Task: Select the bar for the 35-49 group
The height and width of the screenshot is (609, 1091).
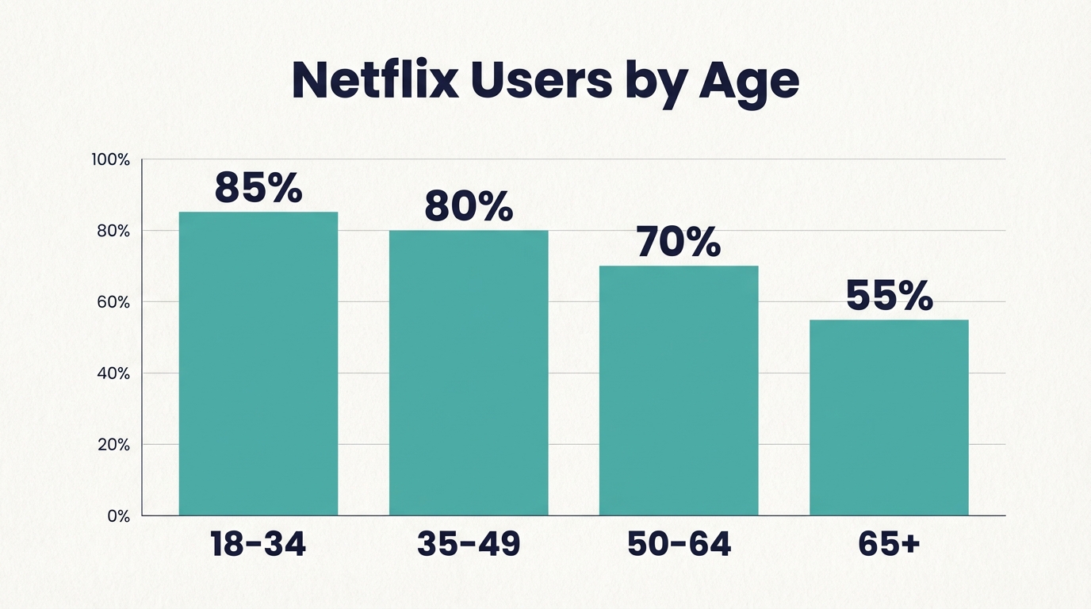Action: (469, 373)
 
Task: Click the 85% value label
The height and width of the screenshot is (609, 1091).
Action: (258, 188)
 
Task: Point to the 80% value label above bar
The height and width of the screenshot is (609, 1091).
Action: (469, 206)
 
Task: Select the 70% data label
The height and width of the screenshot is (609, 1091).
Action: (679, 242)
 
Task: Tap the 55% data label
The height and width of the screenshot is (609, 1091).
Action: (889, 296)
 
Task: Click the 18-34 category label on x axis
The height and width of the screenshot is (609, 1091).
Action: (258, 545)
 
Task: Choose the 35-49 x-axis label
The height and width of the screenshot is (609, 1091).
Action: (469, 545)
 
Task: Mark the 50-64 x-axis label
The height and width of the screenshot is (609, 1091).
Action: (679, 545)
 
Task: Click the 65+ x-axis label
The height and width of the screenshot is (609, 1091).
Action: (889, 545)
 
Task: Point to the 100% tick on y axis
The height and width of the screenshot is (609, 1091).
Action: (111, 160)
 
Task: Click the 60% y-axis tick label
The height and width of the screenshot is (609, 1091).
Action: (113, 302)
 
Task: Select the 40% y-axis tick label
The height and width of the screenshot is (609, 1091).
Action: (113, 373)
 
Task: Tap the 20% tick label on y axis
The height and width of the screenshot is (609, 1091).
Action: (113, 445)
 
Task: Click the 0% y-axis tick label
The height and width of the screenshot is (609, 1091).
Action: (117, 516)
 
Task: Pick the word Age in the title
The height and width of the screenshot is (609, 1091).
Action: (748, 82)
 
